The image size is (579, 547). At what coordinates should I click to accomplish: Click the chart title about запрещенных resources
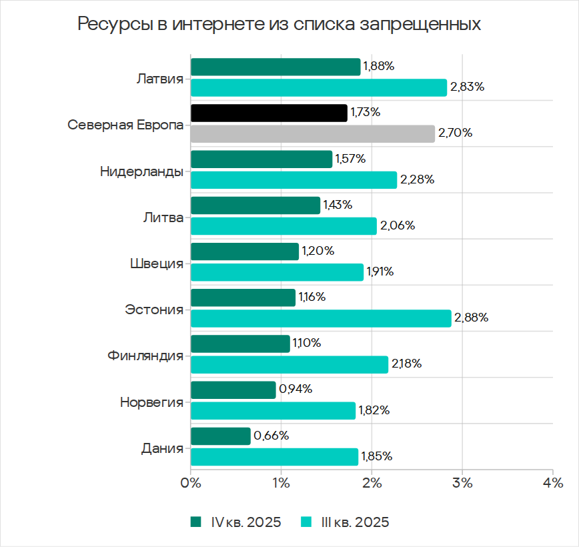tap(279, 25)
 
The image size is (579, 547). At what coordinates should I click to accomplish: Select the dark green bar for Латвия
tap(275, 67)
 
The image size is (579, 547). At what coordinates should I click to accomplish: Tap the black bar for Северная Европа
tap(269, 113)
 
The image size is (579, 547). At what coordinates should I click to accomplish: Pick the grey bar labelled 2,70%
tap(312, 133)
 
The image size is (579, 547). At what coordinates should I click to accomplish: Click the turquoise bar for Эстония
tap(321, 318)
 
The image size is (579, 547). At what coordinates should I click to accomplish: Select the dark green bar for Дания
tap(220, 436)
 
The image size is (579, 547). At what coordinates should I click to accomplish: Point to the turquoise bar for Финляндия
tap(289, 364)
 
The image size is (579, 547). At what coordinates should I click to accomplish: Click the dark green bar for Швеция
tap(244, 251)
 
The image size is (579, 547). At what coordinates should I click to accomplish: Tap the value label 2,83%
tap(467, 87)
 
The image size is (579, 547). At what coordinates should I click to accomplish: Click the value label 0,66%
tap(271, 436)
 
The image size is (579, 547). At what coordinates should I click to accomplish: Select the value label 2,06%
tap(397, 225)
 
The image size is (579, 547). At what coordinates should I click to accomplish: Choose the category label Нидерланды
tap(141, 171)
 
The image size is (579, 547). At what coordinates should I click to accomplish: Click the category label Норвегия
tap(151, 402)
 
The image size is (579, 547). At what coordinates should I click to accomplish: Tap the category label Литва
tap(163, 217)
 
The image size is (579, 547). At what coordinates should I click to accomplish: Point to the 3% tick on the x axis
tap(462, 482)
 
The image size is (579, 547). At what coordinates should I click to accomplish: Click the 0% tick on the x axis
tap(191, 482)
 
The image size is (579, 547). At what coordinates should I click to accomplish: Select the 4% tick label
tap(552, 482)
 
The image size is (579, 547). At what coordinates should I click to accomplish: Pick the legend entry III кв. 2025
tap(345, 522)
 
